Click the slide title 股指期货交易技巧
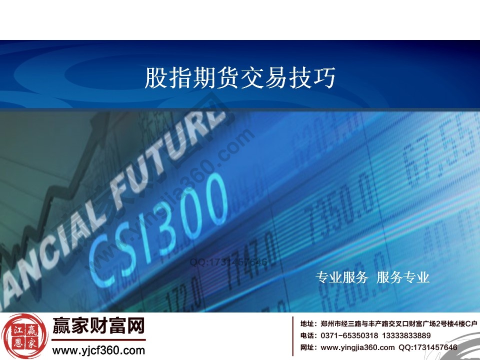point(240,78)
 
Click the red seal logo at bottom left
point(22,336)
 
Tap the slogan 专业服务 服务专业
point(372,277)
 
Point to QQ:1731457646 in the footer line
point(427,347)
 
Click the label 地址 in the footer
point(306,324)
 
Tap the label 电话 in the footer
point(306,335)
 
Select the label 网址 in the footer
point(306,347)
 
